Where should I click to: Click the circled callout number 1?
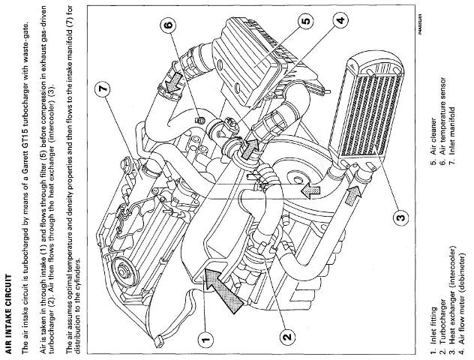tap(205, 340)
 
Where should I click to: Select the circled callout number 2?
tap(287, 336)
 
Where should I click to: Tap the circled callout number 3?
tap(400, 217)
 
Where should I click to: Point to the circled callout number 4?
tap(340, 20)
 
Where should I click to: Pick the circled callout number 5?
tap(305, 21)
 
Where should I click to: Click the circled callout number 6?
tap(169, 24)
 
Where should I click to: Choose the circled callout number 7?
tap(103, 89)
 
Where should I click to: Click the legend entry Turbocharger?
tap(442, 326)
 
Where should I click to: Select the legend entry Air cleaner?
tap(433, 142)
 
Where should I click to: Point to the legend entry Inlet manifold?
tap(452, 136)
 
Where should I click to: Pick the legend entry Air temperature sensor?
tap(442, 121)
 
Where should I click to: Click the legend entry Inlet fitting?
tap(433, 330)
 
